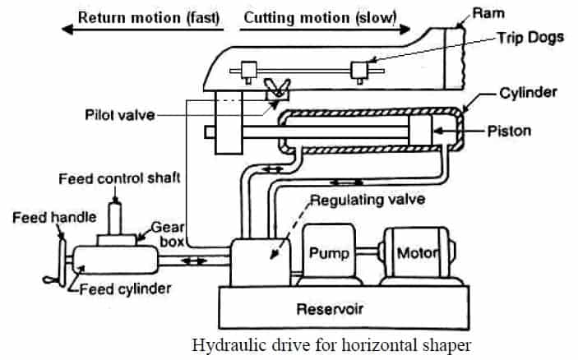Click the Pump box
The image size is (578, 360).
330,253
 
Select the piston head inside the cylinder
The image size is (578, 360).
419,132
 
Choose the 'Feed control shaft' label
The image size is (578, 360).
120,178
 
